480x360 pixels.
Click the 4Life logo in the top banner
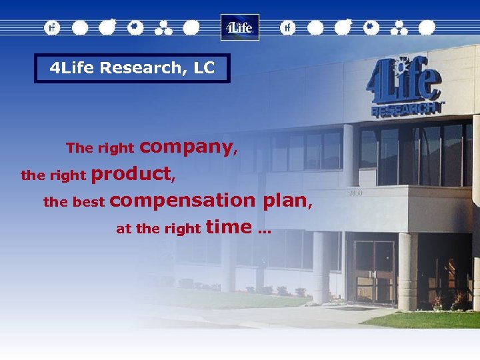[239, 27]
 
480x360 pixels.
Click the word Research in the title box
[134, 68]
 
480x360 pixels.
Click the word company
[186, 146]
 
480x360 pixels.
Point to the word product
[131, 174]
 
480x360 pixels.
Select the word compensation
[183, 200]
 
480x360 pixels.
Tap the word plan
[285, 200]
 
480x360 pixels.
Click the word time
[229, 227]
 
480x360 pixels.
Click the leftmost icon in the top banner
[52, 27]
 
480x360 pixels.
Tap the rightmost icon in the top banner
[427, 27]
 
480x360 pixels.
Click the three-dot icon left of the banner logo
[163, 27]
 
